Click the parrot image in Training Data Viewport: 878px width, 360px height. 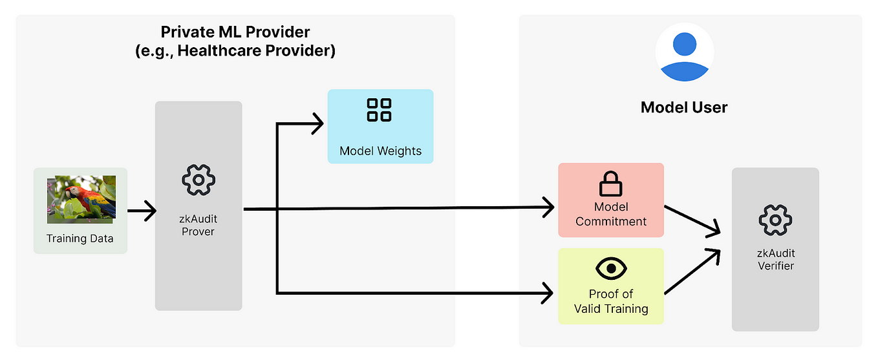pos(81,199)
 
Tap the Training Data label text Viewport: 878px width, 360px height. pos(80,238)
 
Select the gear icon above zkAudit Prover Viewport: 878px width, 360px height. pos(198,180)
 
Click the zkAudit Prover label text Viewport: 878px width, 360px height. pos(198,225)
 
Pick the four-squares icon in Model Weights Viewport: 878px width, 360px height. pos(379,110)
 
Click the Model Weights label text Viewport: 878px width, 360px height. pos(380,151)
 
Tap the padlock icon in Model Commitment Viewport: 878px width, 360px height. pos(610,184)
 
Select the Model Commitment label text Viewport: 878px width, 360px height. pos(611,214)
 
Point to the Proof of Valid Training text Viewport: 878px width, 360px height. pos(611,301)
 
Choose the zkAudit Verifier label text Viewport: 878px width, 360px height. pos(776,259)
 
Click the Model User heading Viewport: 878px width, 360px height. pos(684,107)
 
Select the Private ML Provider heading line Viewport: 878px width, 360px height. pos(235,32)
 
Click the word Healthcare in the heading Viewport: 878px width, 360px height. pos(217,51)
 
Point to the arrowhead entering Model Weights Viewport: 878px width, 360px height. pos(317,123)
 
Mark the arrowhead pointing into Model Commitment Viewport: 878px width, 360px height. pos(548,207)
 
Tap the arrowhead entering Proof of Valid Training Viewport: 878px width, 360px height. pos(548,293)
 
